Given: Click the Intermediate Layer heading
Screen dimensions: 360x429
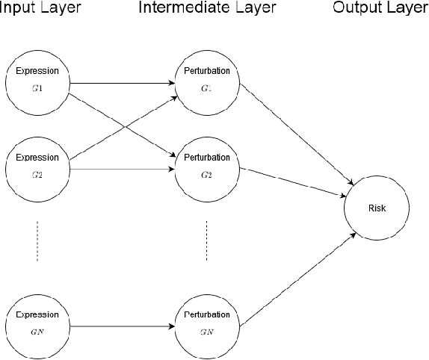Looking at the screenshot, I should point(206,8).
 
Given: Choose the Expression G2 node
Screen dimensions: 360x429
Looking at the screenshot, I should point(37,166).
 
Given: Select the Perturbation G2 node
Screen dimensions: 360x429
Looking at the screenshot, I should point(206,166).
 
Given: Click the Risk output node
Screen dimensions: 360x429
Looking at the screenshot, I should point(377,208).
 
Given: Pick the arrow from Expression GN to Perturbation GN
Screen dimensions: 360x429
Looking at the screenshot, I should point(120,326).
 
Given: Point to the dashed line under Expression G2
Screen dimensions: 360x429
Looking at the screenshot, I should point(37,240).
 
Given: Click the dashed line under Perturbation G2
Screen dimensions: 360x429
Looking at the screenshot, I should point(206,240).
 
